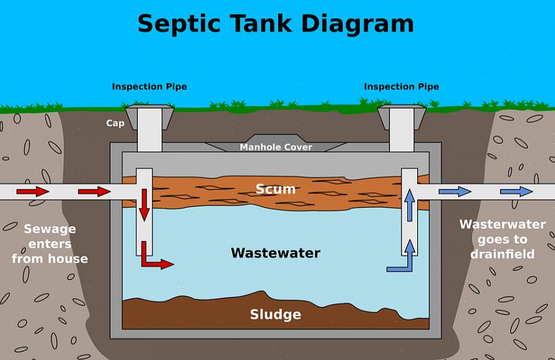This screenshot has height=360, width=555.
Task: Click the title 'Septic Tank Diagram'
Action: pos(275,24)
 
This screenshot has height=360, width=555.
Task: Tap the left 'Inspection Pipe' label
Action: pos(149,87)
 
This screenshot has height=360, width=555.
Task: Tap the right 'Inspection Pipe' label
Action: pos(401,87)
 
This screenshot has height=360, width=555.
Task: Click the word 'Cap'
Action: pos(115,123)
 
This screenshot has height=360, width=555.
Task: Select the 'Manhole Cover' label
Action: pos(276,147)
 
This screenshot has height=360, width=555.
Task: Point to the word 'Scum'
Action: pos(276,189)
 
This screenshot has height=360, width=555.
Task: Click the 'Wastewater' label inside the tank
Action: pos(276,253)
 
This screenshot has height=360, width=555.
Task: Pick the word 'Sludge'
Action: pos(276,314)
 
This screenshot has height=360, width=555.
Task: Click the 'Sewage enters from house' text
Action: pos(50,243)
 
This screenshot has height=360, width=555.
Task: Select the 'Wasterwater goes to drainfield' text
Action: pos(502,239)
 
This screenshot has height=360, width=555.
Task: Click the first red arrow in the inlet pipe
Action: pos(32,191)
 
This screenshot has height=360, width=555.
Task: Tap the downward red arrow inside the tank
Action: pos(144,205)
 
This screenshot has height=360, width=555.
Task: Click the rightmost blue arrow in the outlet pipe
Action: pos(516,191)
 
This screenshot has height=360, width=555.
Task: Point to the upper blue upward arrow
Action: pos(409,205)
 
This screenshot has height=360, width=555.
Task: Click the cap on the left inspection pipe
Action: pos(149,112)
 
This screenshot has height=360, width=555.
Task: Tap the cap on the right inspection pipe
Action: pos(401,112)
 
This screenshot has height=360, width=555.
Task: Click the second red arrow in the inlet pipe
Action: pos(94,191)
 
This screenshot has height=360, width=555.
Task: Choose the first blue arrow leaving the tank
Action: pos(454,191)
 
